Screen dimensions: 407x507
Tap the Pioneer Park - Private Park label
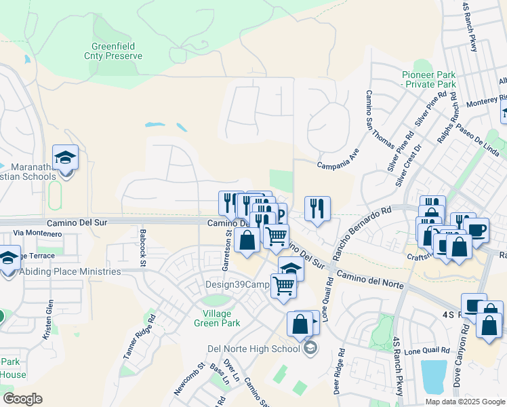click(428, 79)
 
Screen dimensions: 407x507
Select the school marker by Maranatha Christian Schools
click(66, 158)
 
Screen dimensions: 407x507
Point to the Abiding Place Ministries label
click(70, 272)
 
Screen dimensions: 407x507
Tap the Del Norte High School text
click(253, 349)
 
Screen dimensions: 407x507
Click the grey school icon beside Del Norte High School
click(310, 349)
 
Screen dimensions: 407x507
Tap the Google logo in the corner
click(22, 399)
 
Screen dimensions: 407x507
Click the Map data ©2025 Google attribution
click(464, 402)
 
